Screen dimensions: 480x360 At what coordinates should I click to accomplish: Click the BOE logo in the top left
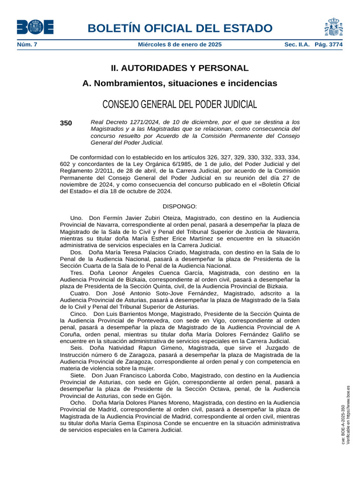[x=35, y=27]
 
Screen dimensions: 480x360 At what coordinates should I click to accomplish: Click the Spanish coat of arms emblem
[x=333, y=27]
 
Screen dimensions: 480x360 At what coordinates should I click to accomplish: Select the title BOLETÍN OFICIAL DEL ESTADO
[x=180, y=28]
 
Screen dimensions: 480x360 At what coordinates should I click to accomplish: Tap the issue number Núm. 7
[x=27, y=45]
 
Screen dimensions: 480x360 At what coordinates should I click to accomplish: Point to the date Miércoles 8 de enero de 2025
[x=180, y=45]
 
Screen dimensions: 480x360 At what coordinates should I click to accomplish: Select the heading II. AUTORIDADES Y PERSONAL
[x=180, y=68]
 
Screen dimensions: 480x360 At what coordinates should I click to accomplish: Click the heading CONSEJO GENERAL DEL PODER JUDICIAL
[x=180, y=104]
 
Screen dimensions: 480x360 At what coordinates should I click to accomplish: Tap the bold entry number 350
[x=66, y=123]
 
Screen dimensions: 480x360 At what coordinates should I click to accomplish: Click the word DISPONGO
[x=180, y=206]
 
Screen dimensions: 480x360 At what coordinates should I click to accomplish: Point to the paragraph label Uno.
[x=76, y=218]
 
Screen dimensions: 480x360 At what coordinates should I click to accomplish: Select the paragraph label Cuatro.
[x=80, y=293]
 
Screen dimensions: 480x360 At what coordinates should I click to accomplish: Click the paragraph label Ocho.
[x=78, y=402]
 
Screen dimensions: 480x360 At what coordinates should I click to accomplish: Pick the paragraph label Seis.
[x=77, y=348]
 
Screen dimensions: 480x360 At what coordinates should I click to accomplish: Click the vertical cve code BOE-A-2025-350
[x=343, y=424]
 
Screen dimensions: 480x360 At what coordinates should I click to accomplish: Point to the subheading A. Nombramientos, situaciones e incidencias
[x=180, y=83]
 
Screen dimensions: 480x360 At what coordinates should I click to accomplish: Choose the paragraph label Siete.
[x=78, y=375]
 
